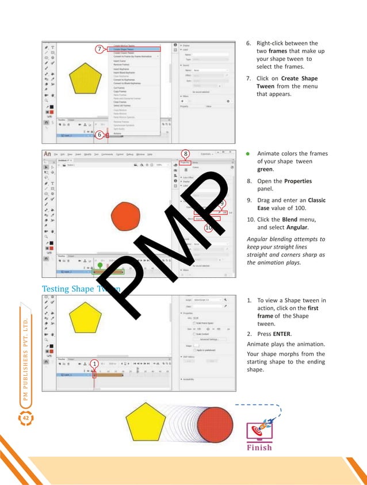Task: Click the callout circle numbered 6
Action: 99,135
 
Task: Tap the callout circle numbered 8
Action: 185,154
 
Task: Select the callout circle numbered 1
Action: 92,364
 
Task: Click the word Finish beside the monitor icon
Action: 259,448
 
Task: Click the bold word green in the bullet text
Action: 265,170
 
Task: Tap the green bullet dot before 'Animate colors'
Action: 247,154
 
